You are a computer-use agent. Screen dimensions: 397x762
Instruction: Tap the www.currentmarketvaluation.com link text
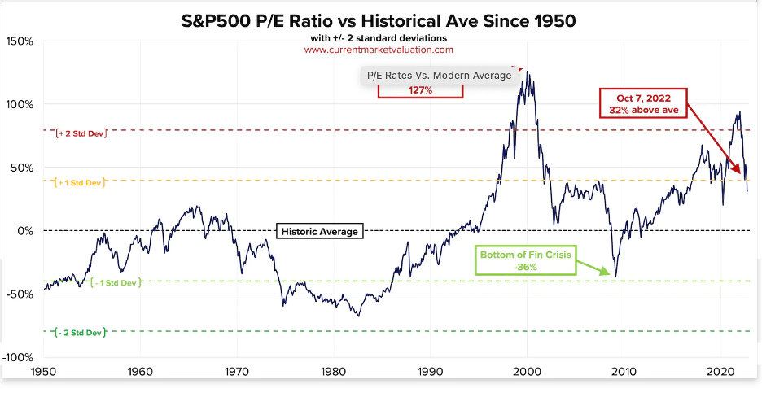(379, 50)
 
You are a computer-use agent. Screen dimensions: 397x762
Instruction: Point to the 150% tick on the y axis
(20, 41)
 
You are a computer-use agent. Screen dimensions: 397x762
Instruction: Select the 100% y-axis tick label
(20, 104)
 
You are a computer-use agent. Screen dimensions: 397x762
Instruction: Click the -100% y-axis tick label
(18, 357)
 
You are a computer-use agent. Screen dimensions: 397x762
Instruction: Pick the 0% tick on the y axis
(25, 231)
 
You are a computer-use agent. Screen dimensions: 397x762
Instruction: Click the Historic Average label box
(319, 232)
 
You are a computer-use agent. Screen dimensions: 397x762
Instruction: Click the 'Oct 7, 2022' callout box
(643, 102)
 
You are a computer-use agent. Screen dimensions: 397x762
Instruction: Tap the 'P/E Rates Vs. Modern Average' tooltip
(440, 76)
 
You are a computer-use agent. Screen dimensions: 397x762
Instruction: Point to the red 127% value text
(420, 91)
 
